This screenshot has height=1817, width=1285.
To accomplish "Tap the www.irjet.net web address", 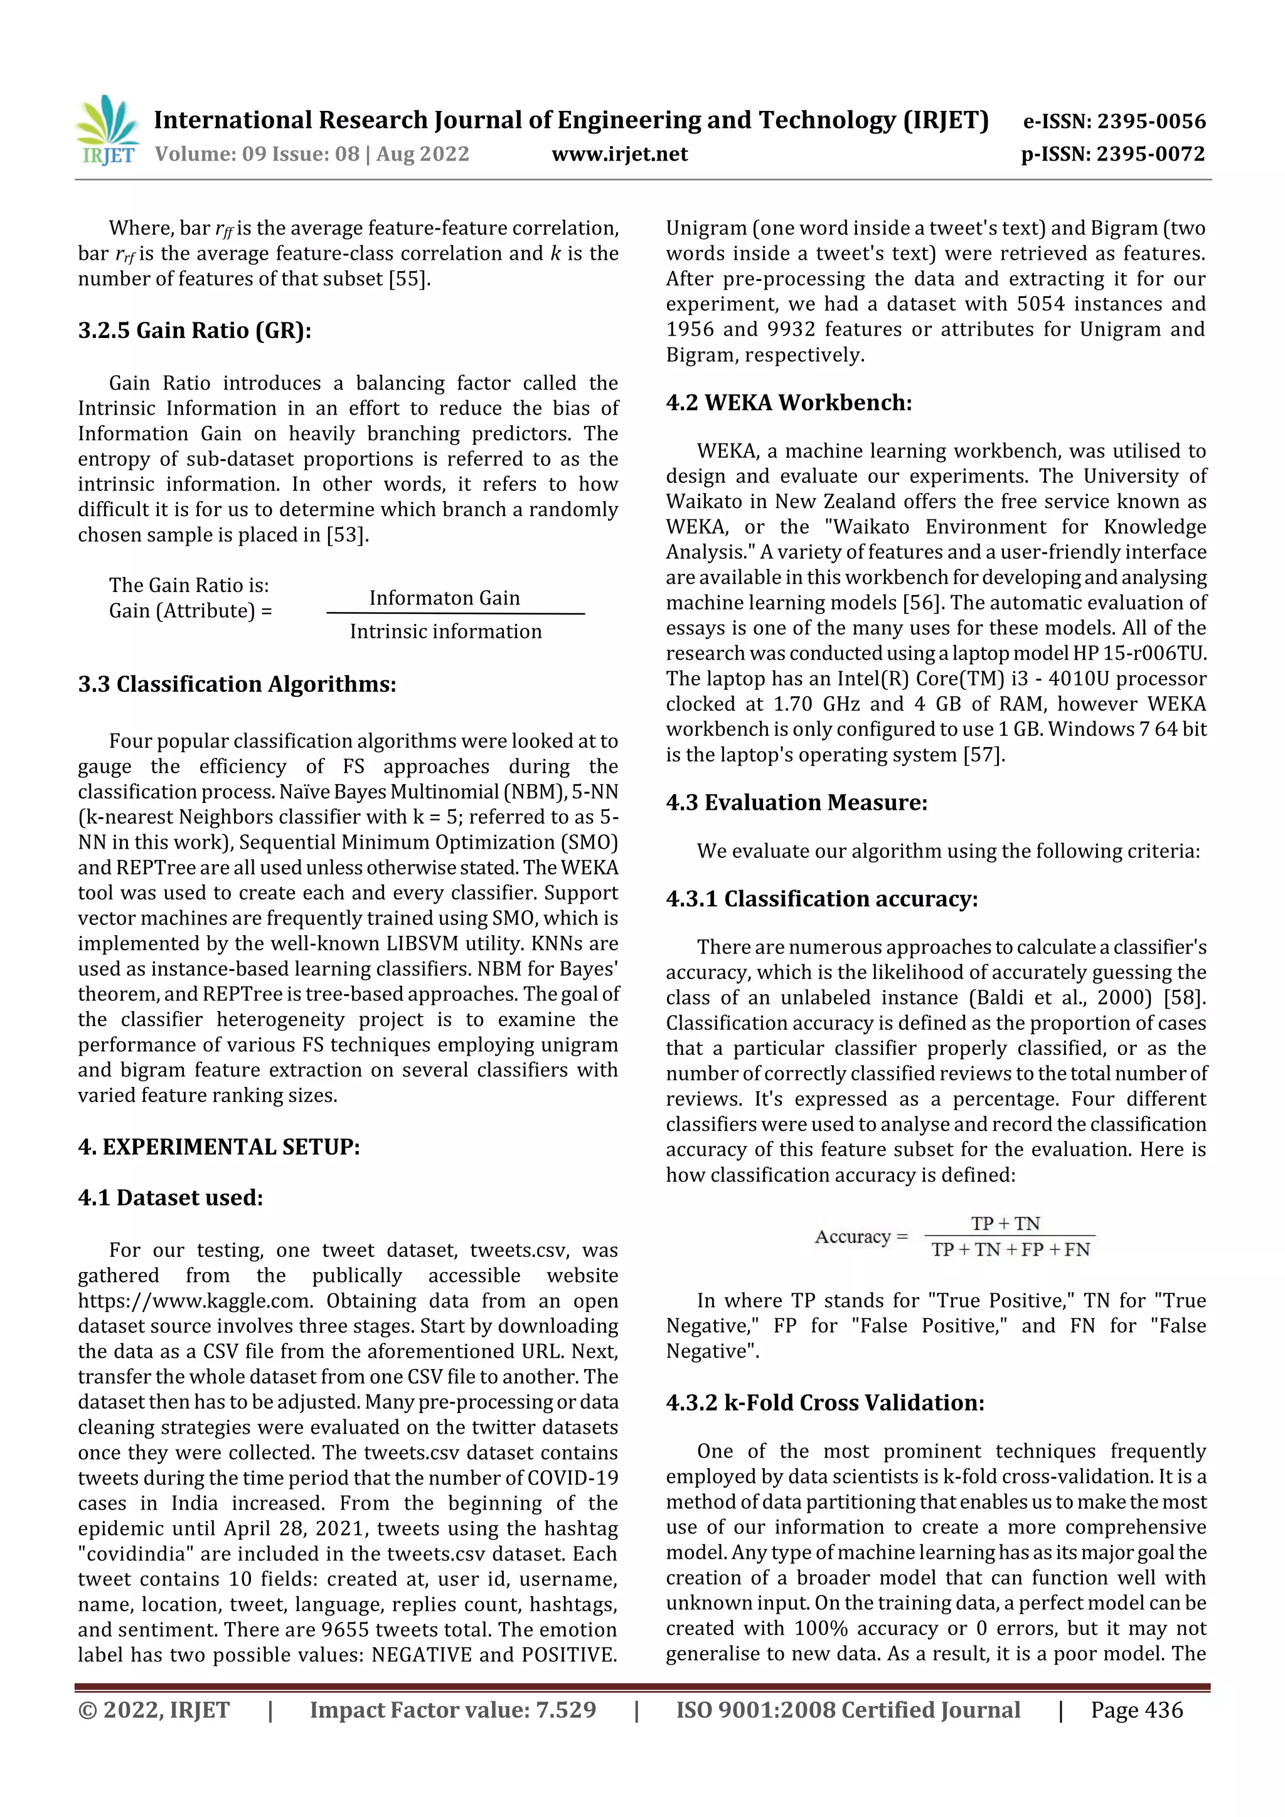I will coord(619,154).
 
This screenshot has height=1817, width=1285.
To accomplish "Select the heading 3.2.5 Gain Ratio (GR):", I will coord(195,330).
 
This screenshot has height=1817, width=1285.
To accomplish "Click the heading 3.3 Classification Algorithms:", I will coord(237,684).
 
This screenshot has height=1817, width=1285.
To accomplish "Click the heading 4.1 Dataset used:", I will coord(170,1197).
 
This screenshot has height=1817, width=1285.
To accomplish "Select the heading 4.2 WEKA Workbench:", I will coord(789,403).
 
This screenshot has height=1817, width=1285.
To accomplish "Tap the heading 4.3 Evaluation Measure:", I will coord(796,802).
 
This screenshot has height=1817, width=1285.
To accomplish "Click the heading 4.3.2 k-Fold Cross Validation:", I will coord(825,1402).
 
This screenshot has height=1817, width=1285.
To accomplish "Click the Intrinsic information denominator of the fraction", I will coord(445,632).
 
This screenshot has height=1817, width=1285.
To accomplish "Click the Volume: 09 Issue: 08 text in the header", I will coord(257,154).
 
